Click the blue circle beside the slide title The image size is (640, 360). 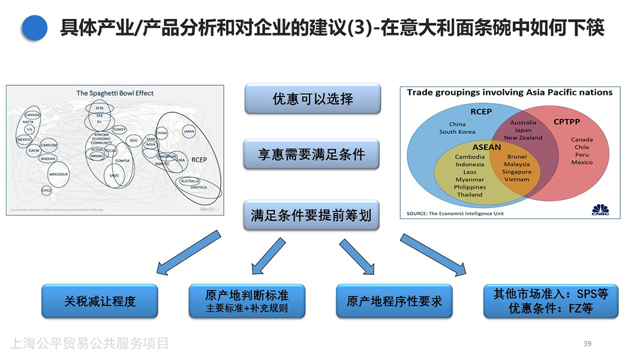click(x=34, y=28)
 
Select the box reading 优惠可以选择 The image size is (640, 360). click(x=313, y=99)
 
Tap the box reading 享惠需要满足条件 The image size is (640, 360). click(x=313, y=155)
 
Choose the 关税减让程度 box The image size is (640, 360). click(x=100, y=301)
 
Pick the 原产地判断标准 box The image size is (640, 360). click(x=247, y=301)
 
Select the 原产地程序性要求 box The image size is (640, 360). click(x=394, y=301)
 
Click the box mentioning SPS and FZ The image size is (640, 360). click(x=551, y=301)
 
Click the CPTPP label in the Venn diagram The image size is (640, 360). click(x=566, y=122)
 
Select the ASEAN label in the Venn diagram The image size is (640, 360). click(x=486, y=147)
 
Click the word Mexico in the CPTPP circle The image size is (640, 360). click(x=581, y=163)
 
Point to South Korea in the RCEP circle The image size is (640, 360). click(x=457, y=132)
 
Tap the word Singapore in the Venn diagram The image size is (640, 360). click(x=516, y=172)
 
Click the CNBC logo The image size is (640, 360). click(x=600, y=209)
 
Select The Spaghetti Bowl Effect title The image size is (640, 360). click(x=115, y=93)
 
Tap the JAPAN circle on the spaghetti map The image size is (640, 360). click(x=189, y=131)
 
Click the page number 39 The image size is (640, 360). click(x=587, y=343)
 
